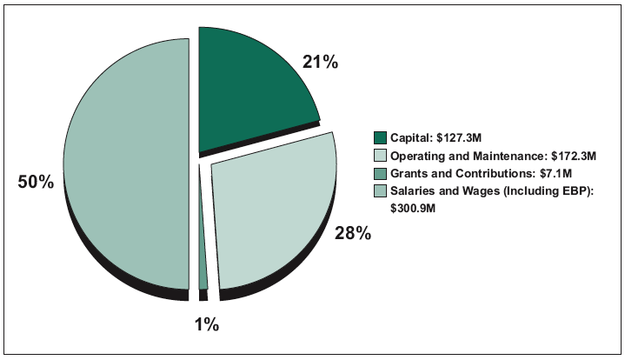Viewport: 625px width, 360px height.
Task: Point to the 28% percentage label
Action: (x=354, y=233)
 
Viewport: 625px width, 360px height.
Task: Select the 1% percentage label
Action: (x=206, y=325)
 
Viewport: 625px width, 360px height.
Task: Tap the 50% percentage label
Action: (x=36, y=182)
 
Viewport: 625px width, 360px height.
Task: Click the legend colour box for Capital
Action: (x=380, y=138)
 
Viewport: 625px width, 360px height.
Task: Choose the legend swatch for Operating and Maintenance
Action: (x=380, y=157)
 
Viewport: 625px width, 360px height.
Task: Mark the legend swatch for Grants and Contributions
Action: (x=380, y=174)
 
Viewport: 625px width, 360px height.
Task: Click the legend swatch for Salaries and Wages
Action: (x=380, y=191)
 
